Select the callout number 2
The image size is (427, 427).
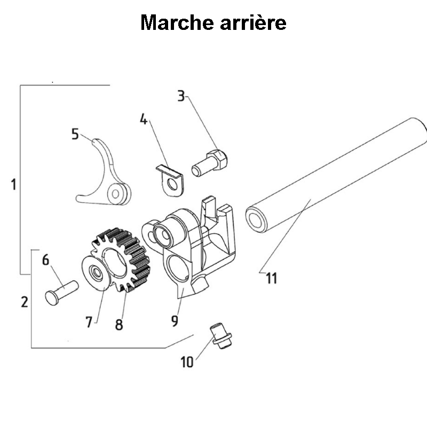[x=24, y=302]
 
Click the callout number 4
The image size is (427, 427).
[x=143, y=118]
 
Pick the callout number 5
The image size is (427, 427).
[x=75, y=133]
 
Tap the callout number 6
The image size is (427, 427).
[x=45, y=260]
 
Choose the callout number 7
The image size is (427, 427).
[x=89, y=322]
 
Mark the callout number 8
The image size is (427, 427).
[x=118, y=324]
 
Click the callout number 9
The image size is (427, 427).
[x=174, y=321]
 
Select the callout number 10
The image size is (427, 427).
[x=186, y=362]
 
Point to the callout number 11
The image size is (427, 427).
[x=272, y=279]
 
